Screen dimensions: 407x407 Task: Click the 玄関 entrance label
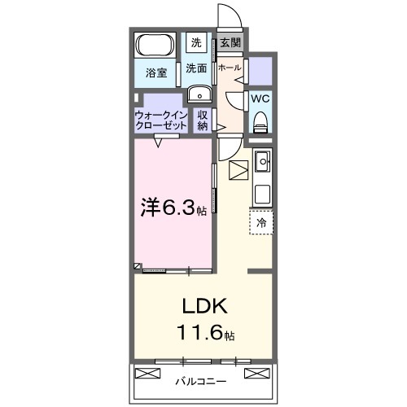[x=230, y=42]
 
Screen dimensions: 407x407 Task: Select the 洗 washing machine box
[x=195, y=42]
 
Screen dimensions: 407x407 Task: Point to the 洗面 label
[x=195, y=68]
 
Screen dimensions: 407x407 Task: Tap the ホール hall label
[x=230, y=68]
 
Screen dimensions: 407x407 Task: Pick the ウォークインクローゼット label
[x=160, y=120]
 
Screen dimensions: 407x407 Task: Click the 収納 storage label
[x=203, y=120]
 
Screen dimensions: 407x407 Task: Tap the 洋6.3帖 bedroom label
[x=173, y=208]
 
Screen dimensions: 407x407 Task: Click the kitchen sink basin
[x=263, y=164]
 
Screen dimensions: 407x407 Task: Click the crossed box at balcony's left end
[x=147, y=374]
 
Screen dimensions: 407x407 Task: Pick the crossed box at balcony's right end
[x=254, y=374]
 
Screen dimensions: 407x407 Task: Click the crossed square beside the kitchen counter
[x=239, y=171]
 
